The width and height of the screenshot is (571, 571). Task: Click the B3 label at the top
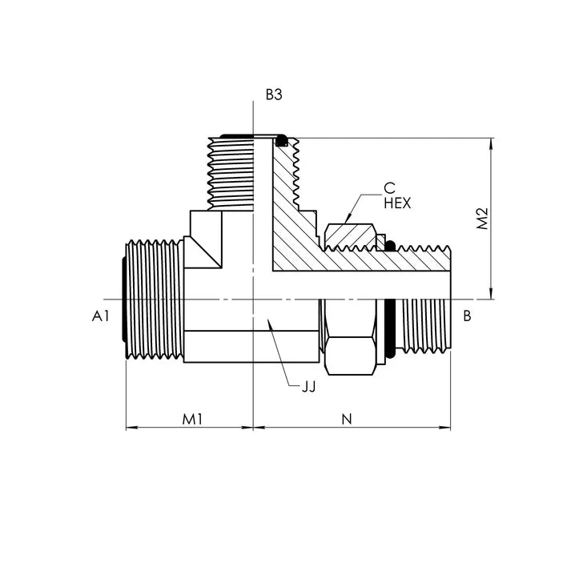274,94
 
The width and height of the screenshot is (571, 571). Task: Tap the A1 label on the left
101,316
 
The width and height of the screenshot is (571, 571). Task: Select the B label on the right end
467,316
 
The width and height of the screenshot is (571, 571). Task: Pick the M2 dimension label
481,219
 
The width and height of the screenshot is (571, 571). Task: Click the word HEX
397,204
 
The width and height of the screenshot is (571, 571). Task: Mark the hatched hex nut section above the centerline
349,236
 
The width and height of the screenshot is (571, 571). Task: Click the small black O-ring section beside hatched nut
390,243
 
